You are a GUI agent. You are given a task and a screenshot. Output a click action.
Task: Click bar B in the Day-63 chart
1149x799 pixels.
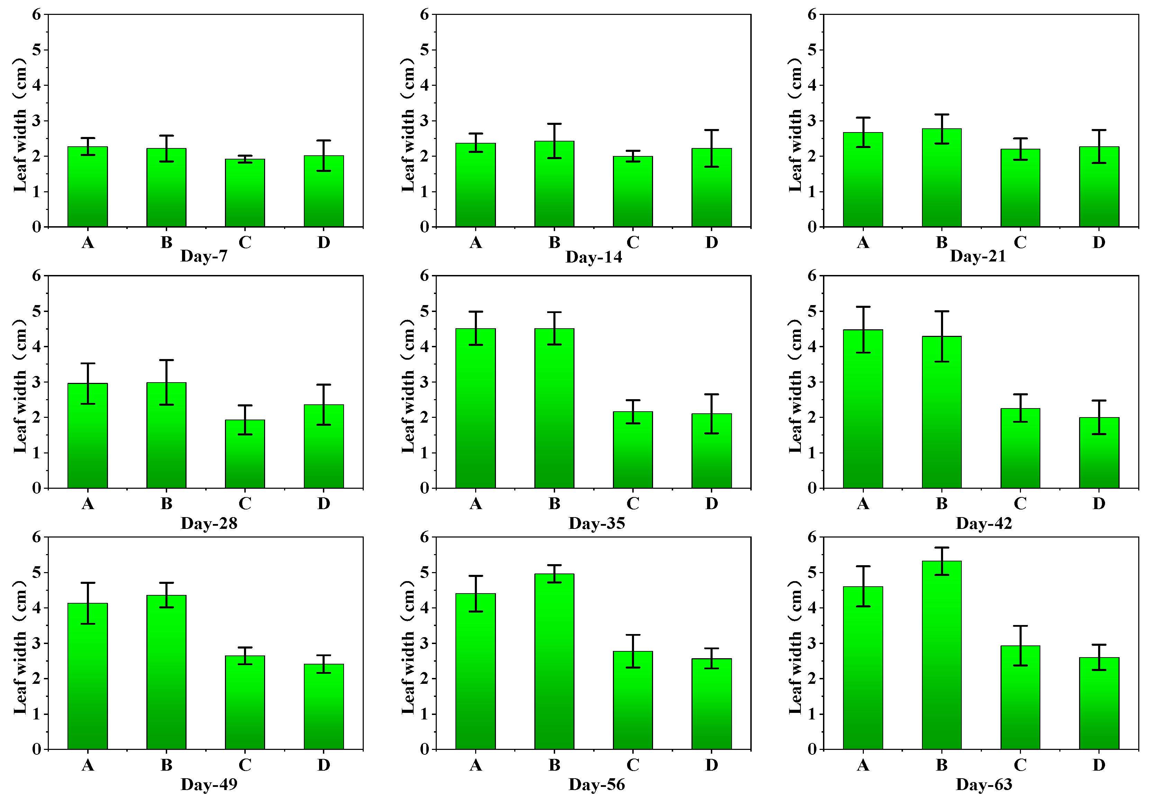[x=941, y=655]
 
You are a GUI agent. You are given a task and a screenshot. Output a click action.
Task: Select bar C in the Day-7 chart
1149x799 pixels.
[x=245, y=193]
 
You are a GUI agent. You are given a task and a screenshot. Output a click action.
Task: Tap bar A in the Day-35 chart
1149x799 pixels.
[x=476, y=408]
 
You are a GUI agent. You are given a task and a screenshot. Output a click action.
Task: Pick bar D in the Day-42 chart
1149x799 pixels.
[x=1099, y=452]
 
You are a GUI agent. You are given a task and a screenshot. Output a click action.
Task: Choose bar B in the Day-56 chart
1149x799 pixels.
[x=554, y=661]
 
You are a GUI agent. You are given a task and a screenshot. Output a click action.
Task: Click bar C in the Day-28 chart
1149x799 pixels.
[x=245, y=454]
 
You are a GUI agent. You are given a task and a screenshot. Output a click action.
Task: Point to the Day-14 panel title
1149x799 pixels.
[x=594, y=257]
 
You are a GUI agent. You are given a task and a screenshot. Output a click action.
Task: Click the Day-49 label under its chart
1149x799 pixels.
[x=209, y=784]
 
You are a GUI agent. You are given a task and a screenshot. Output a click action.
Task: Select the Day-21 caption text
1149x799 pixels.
[x=978, y=256]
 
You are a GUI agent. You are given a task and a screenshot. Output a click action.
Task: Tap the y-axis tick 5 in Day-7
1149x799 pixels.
[x=37, y=50]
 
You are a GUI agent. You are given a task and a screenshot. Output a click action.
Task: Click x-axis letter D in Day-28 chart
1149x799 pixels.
[x=324, y=504]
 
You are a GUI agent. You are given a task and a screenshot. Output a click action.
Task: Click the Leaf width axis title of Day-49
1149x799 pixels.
[x=20, y=647]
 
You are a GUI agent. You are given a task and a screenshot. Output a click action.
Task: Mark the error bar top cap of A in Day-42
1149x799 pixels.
[x=863, y=306]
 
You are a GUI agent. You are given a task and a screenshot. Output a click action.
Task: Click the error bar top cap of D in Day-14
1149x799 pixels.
[x=712, y=130]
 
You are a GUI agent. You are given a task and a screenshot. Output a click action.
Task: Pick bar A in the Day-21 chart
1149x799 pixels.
[x=863, y=180]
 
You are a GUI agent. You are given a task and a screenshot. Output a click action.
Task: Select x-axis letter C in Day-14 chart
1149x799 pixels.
[x=633, y=242]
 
